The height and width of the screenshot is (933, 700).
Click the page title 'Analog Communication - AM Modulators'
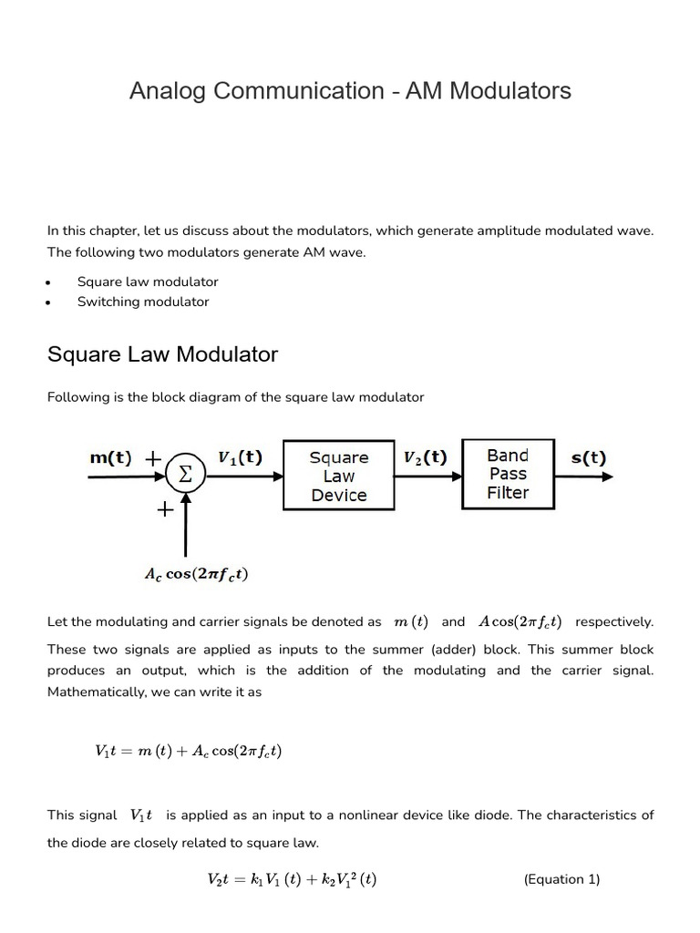point(350,91)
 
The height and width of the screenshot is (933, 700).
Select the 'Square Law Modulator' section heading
point(162,354)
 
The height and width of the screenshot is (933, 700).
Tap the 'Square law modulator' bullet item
point(148,282)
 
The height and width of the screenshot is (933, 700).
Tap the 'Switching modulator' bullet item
point(143,302)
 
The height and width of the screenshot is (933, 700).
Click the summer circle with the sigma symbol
point(185,475)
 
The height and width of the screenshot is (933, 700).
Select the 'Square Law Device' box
point(339,476)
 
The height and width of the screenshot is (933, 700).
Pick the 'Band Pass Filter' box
point(508,474)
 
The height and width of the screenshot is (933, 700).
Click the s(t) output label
point(588,457)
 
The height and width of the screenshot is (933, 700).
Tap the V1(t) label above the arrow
point(241,457)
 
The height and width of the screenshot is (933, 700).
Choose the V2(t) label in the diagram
point(425,457)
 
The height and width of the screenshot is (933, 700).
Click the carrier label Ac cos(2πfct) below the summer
point(196,574)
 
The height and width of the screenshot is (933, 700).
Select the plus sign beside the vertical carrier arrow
point(165,511)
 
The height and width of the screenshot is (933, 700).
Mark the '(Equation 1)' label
point(561,879)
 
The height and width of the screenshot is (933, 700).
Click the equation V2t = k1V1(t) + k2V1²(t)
point(292,879)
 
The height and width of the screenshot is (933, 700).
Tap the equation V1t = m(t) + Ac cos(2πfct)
point(188,752)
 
